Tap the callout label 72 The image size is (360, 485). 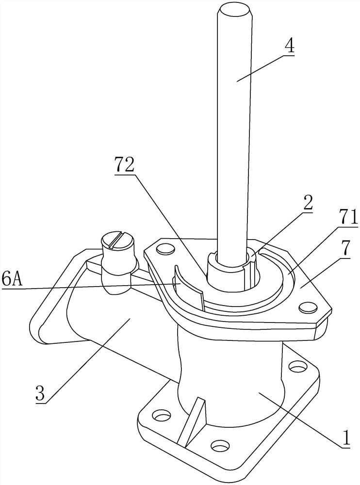coord(124,164)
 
